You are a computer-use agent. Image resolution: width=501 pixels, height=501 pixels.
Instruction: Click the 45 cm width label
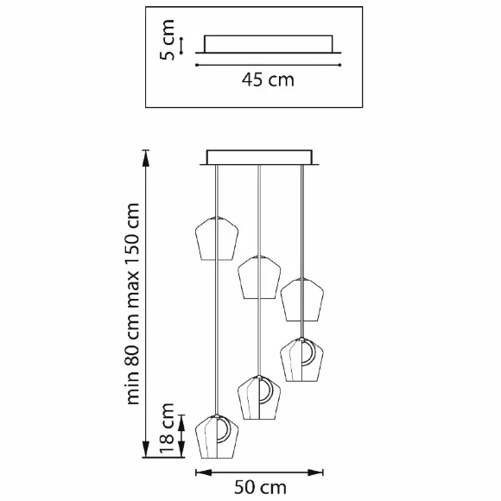coord(268,79)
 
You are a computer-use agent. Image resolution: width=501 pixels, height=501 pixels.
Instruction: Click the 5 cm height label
coord(167,40)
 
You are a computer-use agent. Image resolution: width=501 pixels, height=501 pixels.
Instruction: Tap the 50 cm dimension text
coord(260,487)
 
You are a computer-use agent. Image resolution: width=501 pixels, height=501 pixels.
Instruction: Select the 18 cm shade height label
coord(167,428)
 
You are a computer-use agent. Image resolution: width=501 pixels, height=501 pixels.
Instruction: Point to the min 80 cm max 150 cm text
coord(133,304)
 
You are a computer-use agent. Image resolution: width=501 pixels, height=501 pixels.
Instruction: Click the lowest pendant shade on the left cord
coord(217,436)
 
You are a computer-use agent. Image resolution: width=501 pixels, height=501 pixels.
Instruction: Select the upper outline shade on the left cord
coord(217,238)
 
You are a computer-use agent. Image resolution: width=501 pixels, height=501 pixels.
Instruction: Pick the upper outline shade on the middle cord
coord(259,277)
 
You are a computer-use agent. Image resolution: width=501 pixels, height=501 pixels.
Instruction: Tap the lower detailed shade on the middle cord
coord(259,397)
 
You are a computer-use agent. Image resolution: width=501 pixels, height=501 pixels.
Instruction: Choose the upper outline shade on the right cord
coord(302,300)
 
